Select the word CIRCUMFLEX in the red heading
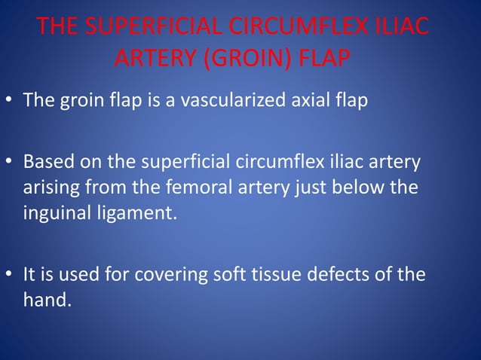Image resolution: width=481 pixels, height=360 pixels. click(x=295, y=28)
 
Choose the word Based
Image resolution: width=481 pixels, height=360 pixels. click(x=46, y=163)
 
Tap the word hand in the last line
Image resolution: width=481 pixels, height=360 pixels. click(x=46, y=300)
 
